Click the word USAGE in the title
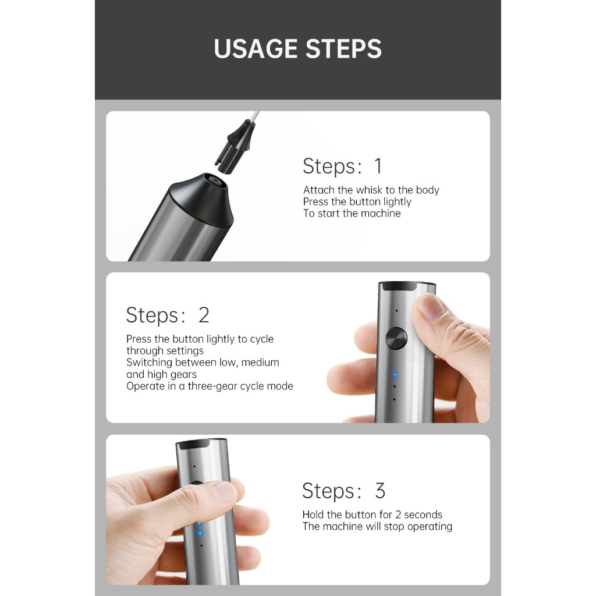(257, 49)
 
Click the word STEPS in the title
(343, 49)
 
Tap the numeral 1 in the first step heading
(378, 166)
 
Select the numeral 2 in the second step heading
(204, 315)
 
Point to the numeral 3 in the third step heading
(380, 490)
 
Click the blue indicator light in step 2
(395, 374)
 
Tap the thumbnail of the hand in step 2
(430, 306)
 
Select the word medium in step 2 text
(260, 362)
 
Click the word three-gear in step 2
(214, 386)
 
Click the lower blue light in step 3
(200, 533)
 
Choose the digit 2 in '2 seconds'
(398, 515)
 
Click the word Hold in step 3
(313, 515)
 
